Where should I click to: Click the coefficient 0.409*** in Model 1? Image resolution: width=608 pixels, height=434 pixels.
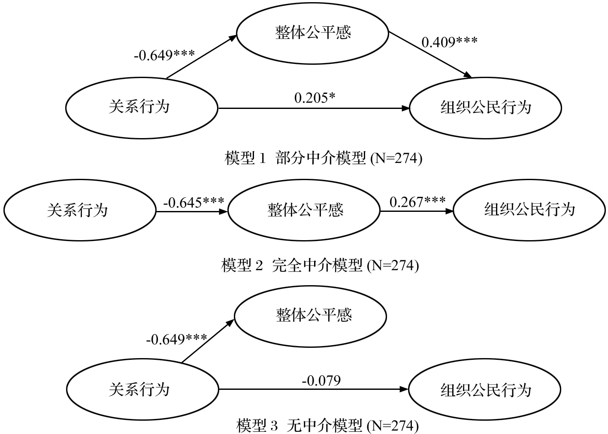pos(450,42)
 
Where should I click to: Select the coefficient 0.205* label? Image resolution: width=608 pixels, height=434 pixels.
pos(315,98)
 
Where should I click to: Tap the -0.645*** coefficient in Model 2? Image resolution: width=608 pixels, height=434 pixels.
pos(194,202)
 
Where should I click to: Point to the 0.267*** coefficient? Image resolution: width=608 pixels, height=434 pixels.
pos(417,202)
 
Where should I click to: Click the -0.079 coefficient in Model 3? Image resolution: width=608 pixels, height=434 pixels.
pos(321,380)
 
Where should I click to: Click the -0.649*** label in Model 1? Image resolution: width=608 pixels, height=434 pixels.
pos(164,55)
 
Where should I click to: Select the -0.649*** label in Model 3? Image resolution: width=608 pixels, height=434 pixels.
pos(176,339)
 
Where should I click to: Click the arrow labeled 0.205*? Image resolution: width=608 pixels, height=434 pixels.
pos(314,108)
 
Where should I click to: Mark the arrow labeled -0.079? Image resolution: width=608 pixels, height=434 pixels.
pos(314,389)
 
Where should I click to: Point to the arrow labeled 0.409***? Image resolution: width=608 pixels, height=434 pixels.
pos(430,55)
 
